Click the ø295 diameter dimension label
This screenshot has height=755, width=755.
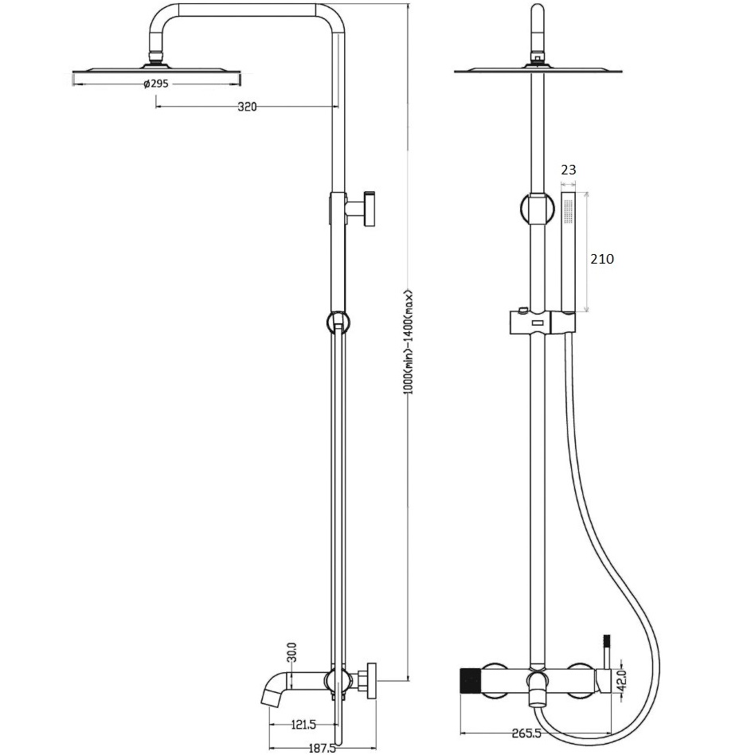[156, 84]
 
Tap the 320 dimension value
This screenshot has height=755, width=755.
[247, 107]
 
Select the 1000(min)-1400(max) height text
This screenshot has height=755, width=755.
[409, 342]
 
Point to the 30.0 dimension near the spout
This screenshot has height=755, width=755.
[291, 652]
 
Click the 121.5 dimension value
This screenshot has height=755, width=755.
[303, 724]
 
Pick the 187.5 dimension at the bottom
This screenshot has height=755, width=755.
[322, 749]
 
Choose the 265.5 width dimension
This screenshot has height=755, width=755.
[526, 733]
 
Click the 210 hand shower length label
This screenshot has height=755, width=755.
[602, 259]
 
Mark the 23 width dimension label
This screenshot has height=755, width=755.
[569, 170]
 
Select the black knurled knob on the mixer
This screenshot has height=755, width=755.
[471, 683]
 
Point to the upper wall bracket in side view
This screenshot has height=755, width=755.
[360, 209]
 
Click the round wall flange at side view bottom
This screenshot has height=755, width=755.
[371, 681]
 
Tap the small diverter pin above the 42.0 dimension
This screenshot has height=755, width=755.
[607, 651]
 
